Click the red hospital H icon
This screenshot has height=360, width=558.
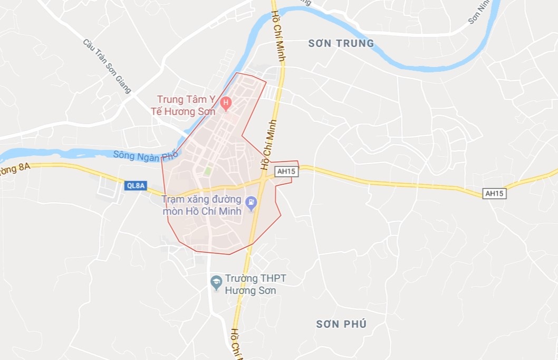226,102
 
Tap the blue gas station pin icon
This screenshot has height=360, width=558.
251,201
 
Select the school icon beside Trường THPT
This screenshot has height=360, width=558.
216,282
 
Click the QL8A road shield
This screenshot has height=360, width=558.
136,185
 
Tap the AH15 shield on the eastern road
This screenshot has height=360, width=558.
495,194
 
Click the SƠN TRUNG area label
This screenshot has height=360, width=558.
341,44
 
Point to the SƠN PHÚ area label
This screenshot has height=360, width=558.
341,324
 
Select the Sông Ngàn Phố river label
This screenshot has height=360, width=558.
146,156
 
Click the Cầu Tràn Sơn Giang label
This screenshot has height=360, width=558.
107,66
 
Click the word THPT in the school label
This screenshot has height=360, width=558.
273,279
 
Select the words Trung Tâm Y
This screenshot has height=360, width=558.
188,99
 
